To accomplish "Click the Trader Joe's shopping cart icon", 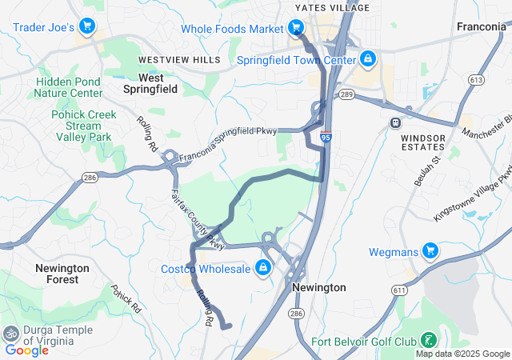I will [x=87, y=28].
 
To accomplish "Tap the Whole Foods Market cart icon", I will [x=296, y=29].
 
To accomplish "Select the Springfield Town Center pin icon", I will [x=367, y=59].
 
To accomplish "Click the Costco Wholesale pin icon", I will [x=262, y=268].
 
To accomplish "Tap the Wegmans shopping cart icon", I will [x=430, y=252].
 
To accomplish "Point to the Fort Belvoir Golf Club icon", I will [x=430, y=342].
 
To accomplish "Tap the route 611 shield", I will [x=410, y=294].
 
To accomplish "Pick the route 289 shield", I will [x=346, y=94].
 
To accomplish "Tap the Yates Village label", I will [x=332, y=8].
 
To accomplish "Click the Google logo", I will [x=26, y=350].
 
